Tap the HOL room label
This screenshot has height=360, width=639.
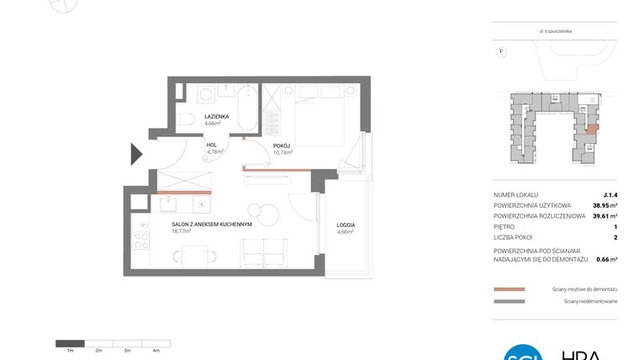coord(212,145)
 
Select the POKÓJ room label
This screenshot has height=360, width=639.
coord(282,146)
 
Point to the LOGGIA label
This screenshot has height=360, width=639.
coord(345,225)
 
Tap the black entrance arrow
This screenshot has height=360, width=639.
coord(137,154)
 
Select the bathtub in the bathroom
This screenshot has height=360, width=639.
coord(247,107)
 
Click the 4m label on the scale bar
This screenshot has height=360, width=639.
coord(156,349)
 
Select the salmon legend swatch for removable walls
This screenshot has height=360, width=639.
coord(510,289)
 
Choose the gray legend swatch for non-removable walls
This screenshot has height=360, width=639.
coord(510,301)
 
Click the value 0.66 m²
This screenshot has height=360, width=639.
coord(606,259)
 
